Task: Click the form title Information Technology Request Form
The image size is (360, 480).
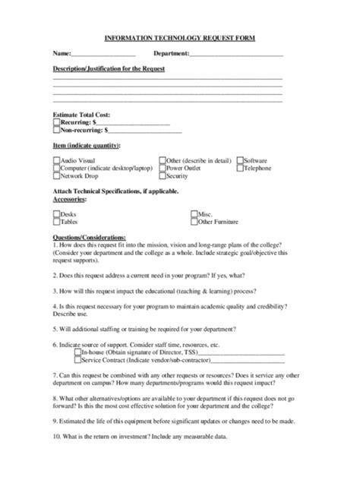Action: [180, 37]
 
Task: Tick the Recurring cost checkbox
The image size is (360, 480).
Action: [56, 122]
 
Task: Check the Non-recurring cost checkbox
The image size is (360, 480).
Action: [56, 130]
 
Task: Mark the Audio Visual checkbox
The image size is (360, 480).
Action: [56, 160]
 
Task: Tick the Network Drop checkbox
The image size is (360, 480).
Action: [56, 175]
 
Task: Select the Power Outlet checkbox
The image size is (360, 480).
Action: [163, 168]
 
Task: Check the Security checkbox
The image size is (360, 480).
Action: [163, 175]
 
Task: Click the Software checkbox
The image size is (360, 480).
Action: [240, 160]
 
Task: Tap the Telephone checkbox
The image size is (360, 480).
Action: [240, 168]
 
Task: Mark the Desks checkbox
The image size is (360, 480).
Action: [56, 215]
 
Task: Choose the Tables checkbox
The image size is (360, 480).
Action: [56, 223]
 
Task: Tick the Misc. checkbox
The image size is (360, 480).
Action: [193, 215]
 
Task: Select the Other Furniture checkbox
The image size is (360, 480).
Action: [193, 223]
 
